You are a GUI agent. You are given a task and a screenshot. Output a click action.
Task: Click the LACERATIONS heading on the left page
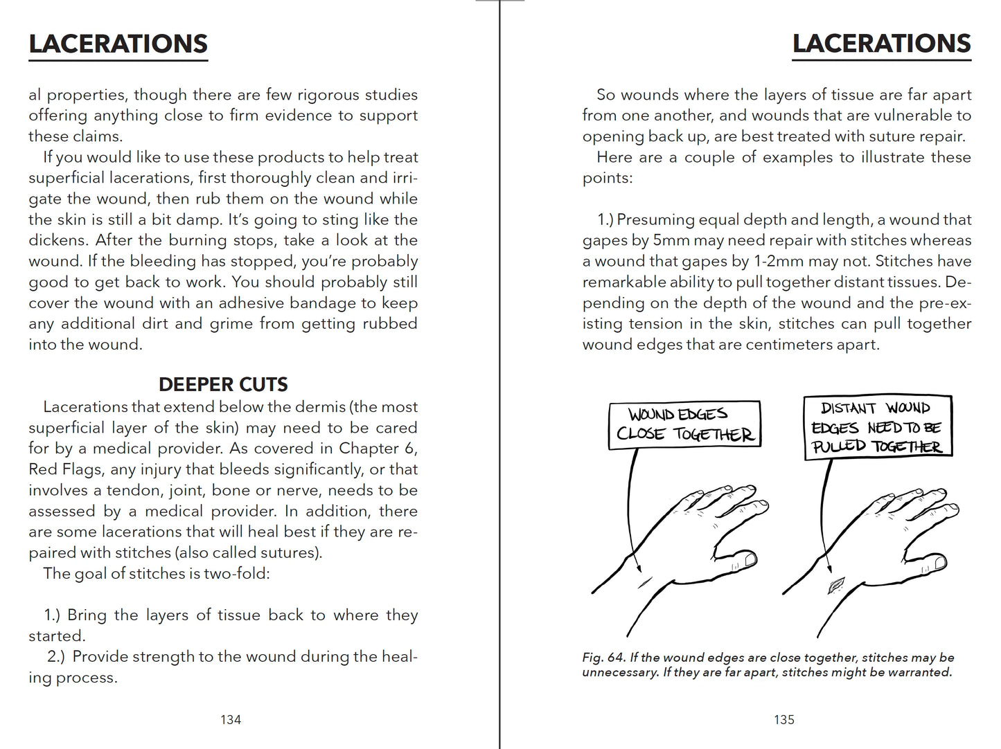click(118, 44)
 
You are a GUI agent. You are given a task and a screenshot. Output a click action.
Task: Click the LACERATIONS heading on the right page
click(881, 44)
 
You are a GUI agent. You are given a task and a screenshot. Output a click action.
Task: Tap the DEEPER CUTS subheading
click(223, 384)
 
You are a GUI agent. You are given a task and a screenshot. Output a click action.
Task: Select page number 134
click(231, 720)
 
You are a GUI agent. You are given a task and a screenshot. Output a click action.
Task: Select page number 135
click(784, 720)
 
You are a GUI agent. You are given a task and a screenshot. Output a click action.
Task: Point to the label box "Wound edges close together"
click(684, 424)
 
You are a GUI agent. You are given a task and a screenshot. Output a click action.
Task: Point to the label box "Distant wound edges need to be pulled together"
click(878, 426)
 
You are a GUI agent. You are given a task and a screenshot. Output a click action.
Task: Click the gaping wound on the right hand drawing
click(837, 586)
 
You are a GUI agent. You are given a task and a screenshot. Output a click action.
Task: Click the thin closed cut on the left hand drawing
click(645, 583)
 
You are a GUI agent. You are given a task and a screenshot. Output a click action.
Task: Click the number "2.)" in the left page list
click(55, 656)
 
